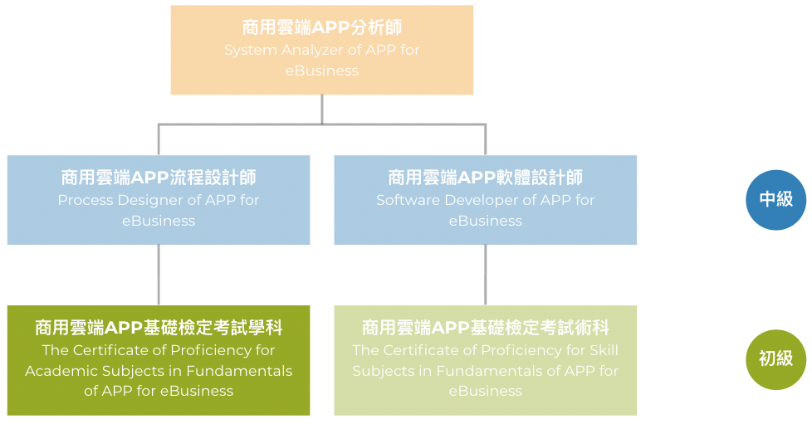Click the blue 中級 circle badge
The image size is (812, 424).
point(775,200)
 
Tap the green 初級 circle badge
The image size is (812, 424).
point(775,359)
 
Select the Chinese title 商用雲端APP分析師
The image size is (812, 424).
point(322,27)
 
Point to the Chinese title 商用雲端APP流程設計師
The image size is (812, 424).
point(159,178)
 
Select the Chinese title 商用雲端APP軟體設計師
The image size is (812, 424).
point(485,178)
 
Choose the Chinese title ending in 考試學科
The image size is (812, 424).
point(159,328)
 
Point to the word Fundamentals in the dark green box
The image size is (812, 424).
point(239,371)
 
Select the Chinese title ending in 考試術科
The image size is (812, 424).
point(485,328)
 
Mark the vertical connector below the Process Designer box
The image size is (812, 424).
point(159,275)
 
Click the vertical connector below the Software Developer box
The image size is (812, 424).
point(485,275)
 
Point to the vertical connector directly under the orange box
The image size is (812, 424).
point(322,110)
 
